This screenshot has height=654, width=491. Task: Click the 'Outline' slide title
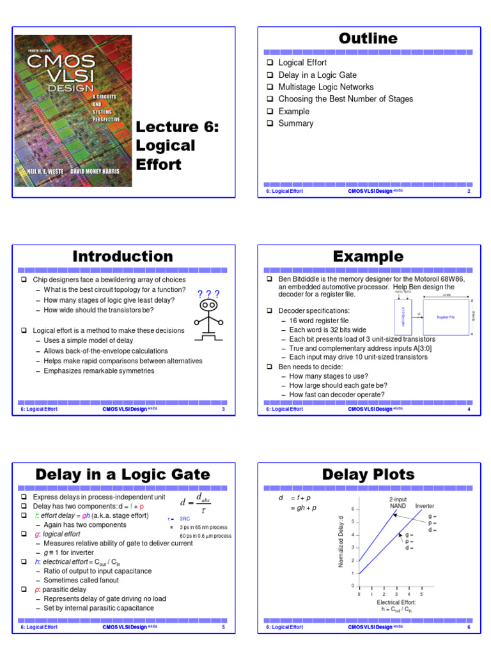pyautogui.click(x=368, y=39)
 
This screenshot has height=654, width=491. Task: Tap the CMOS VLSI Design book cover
pyautogui.click(x=73, y=110)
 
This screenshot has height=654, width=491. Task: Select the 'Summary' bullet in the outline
pyautogui.click(x=295, y=123)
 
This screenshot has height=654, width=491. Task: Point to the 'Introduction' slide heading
pyautogui.click(x=122, y=257)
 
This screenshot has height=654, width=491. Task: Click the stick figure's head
pyautogui.click(x=208, y=306)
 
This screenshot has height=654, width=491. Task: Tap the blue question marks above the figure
pyautogui.click(x=208, y=294)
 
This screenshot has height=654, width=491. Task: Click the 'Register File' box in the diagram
pyautogui.click(x=446, y=317)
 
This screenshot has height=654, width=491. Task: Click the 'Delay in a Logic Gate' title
pyautogui.click(x=122, y=475)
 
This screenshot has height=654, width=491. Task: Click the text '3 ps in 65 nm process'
pyautogui.click(x=204, y=527)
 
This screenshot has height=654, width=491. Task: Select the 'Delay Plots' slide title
pyautogui.click(x=368, y=475)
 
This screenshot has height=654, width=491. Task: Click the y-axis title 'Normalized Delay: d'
pyautogui.click(x=341, y=541)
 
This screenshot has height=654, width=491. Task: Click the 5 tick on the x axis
pyautogui.click(x=421, y=594)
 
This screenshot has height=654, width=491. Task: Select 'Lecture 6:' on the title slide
pyautogui.click(x=177, y=127)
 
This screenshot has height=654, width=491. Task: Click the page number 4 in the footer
pyautogui.click(x=469, y=409)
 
